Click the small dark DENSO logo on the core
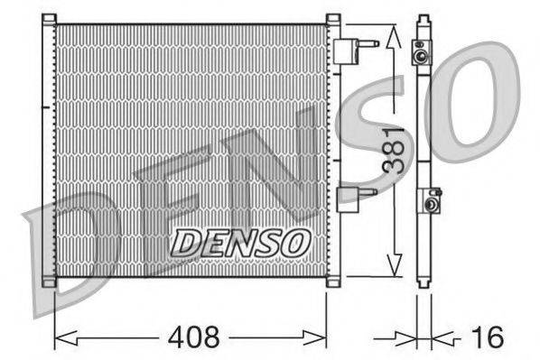(x=241, y=241)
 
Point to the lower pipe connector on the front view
(x=353, y=197)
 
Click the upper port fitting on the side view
(x=422, y=53)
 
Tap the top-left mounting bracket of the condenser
(x=50, y=19)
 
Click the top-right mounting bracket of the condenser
(x=332, y=19)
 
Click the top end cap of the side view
(x=422, y=20)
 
